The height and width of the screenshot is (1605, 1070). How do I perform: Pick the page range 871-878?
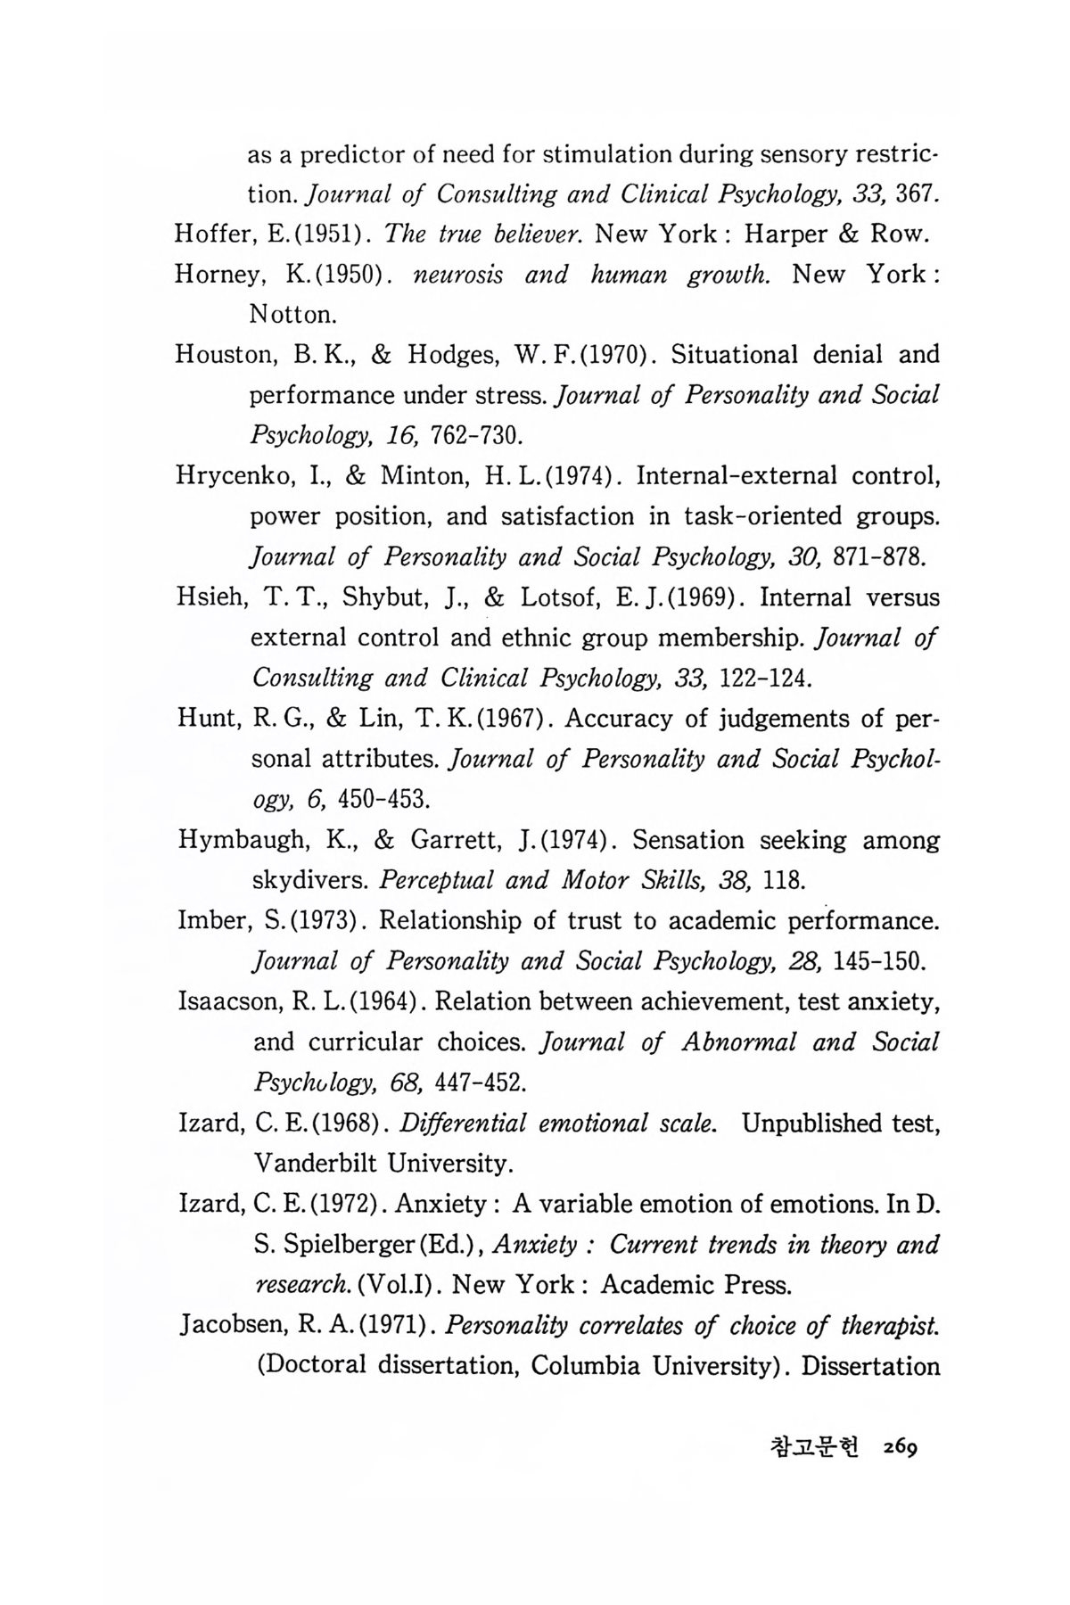click(x=877, y=557)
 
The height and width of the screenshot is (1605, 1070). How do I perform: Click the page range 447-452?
click(x=479, y=1083)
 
